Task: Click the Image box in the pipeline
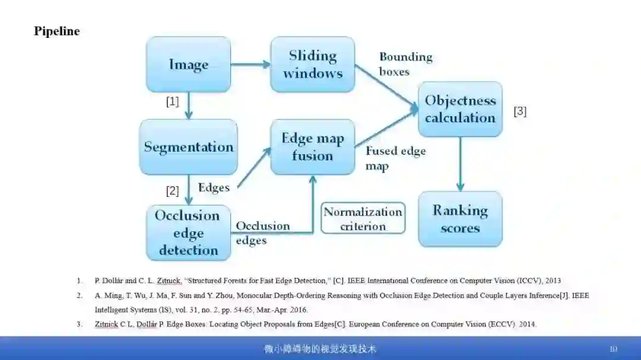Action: click(x=188, y=64)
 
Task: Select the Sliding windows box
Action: click(x=313, y=64)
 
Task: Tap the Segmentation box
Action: click(x=188, y=146)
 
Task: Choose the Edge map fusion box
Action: click(x=313, y=146)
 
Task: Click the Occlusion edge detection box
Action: click(x=188, y=232)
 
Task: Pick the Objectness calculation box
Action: click(x=460, y=109)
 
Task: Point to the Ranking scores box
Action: click(x=460, y=219)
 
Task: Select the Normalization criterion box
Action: click(x=363, y=218)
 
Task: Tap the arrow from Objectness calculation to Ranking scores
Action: click(x=460, y=164)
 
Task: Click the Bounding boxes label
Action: click(x=405, y=64)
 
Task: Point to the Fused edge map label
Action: click(x=395, y=158)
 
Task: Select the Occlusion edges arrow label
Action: click(x=262, y=232)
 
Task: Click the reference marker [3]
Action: click(x=519, y=111)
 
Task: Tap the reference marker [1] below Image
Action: click(x=172, y=101)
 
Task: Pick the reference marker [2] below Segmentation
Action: click(x=172, y=190)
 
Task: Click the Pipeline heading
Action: click(x=56, y=31)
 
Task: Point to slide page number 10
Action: click(x=613, y=349)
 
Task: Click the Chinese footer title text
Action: click(x=320, y=349)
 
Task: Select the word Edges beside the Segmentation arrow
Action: click(x=214, y=187)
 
